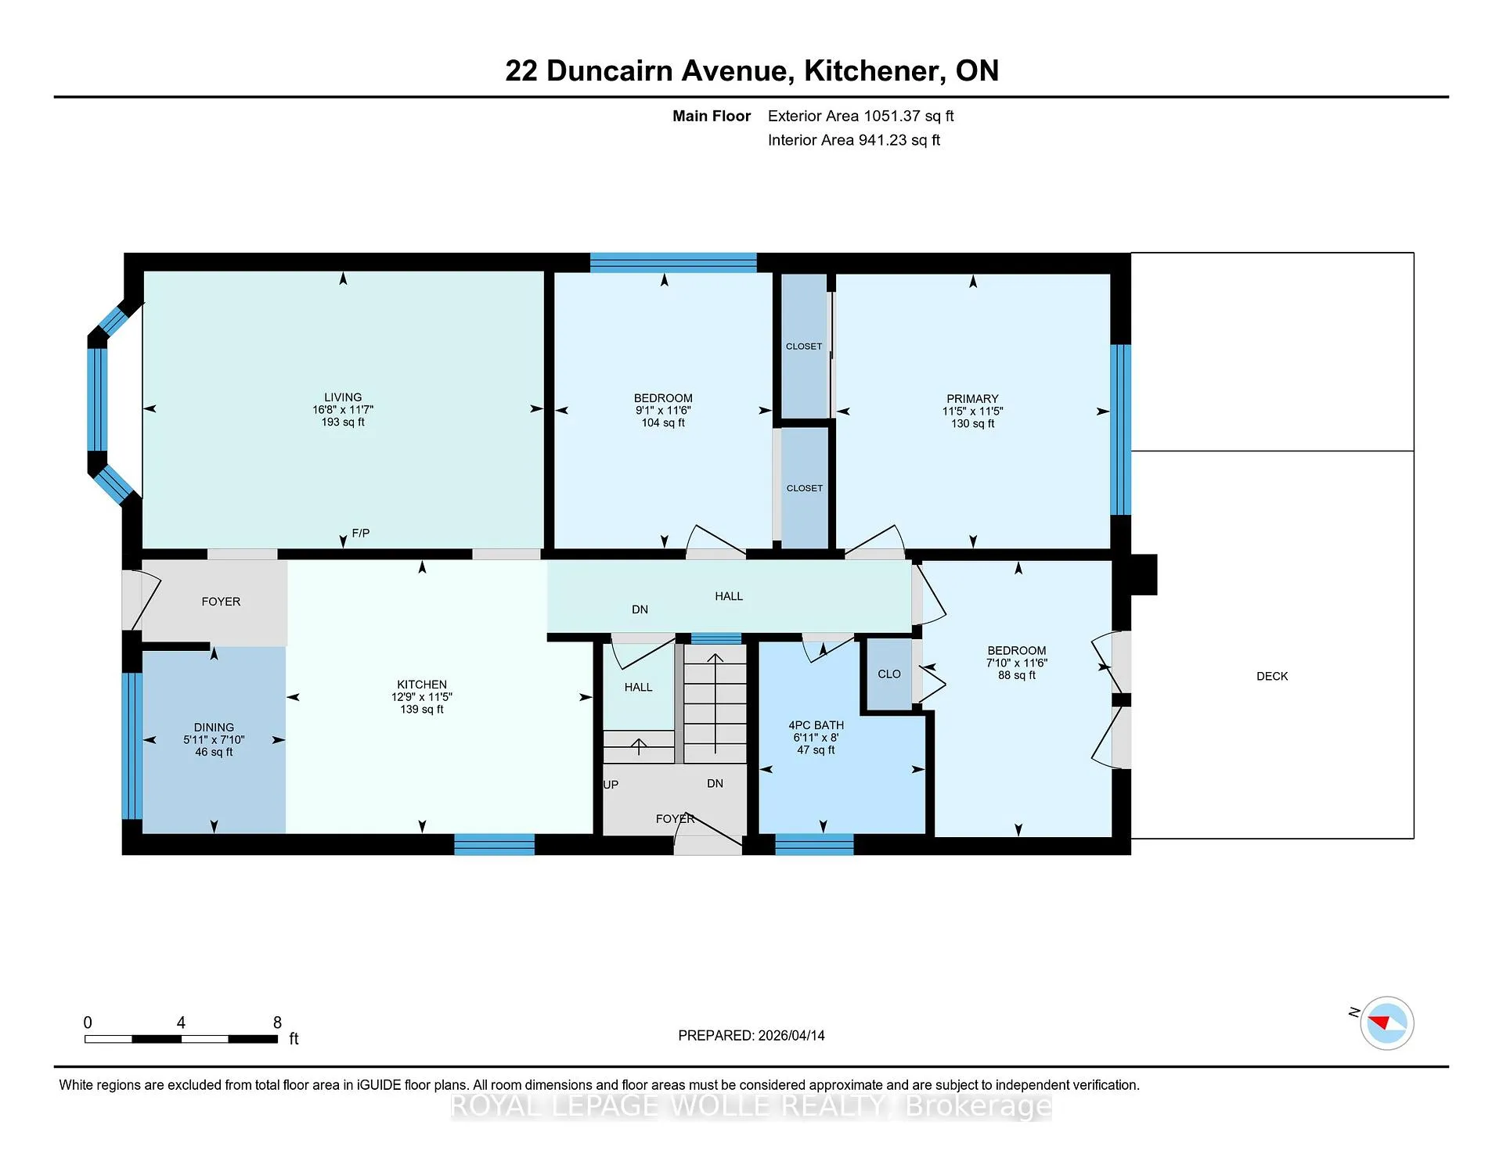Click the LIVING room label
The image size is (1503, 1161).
click(x=343, y=397)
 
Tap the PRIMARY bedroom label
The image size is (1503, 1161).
click(x=972, y=398)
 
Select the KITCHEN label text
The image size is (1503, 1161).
click(x=422, y=684)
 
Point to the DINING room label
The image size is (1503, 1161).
click(x=214, y=727)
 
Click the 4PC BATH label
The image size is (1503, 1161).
click(x=816, y=725)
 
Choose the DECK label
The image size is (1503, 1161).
click(x=1272, y=676)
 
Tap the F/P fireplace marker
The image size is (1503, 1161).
click(x=361, y=533)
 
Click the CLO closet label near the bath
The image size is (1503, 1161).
click(x=889, y=674)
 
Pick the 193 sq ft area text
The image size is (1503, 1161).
click(x=343, y=422)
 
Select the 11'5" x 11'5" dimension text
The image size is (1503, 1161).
click(x=972, y=411)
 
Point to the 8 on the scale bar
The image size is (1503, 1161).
click(x=277, y=1023)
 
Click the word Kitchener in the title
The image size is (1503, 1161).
click(x=872, y=70)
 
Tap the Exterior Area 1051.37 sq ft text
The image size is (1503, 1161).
click(x=860, y=116)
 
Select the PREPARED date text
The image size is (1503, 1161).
click(x=751, y=1035)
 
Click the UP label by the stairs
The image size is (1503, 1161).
click(x=611, y=784)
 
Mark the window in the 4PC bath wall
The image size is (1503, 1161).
click(x=814, y=844)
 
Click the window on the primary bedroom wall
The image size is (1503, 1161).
click(x=1121, y=430)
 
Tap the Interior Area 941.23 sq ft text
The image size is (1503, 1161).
click(x=853, y=140)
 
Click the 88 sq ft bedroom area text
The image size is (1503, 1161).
click(x=1016, y=675)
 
